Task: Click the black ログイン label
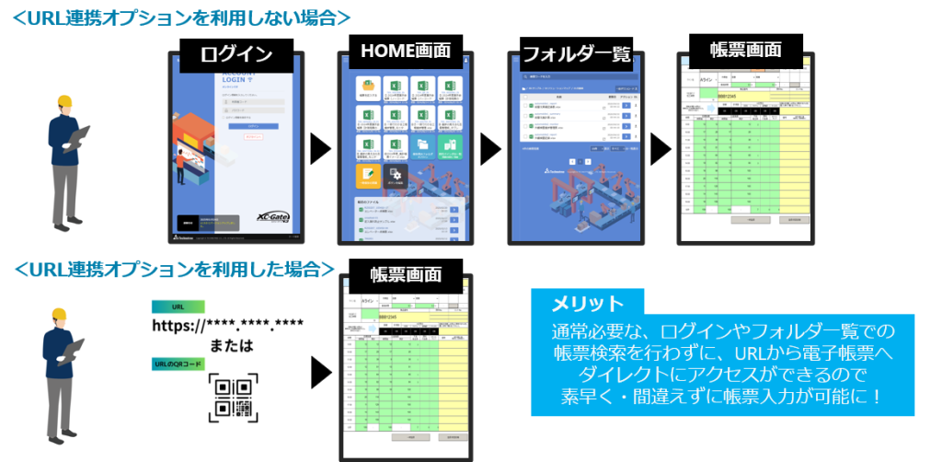coord(237,53)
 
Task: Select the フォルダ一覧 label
coord(577,53)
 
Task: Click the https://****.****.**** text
coord(228,326)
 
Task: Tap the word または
coord(228,346)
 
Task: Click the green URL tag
coord(178,306)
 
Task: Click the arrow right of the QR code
coord(319,373)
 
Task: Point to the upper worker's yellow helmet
coord(65,101)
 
